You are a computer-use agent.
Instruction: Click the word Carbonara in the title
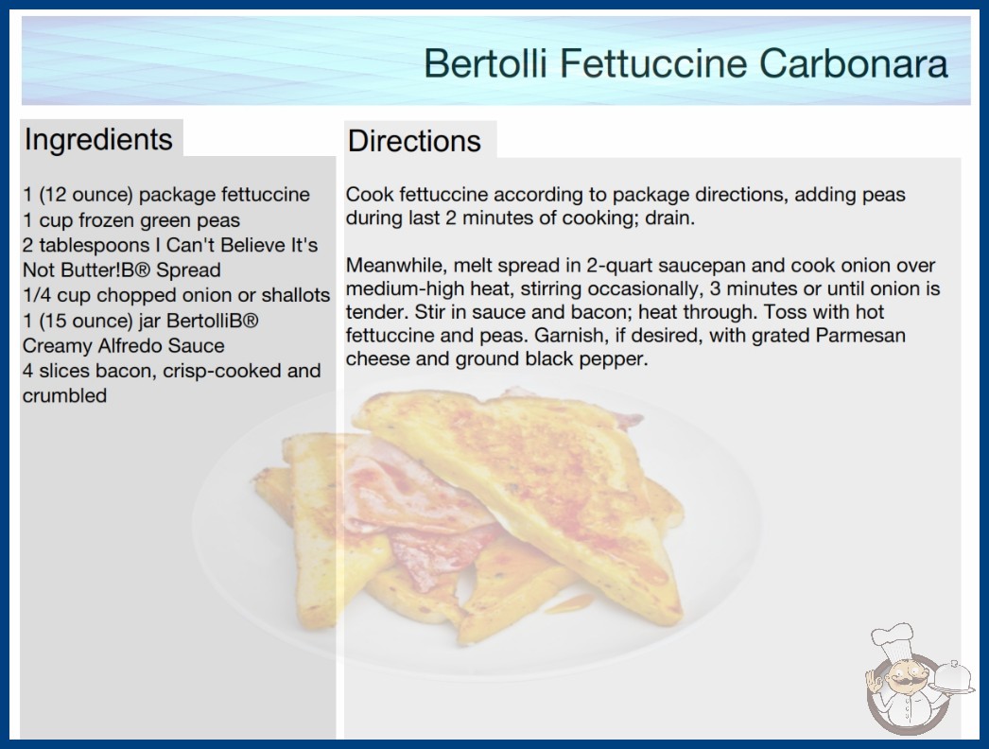tap(854, 63)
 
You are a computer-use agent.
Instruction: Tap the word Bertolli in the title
tap(485, 63)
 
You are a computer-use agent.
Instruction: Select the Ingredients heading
tap(98, 140)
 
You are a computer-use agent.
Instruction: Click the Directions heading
tap(414, 141)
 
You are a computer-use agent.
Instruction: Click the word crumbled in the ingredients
tap(64, 395)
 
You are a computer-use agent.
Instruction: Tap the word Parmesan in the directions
tap(860, 335)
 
